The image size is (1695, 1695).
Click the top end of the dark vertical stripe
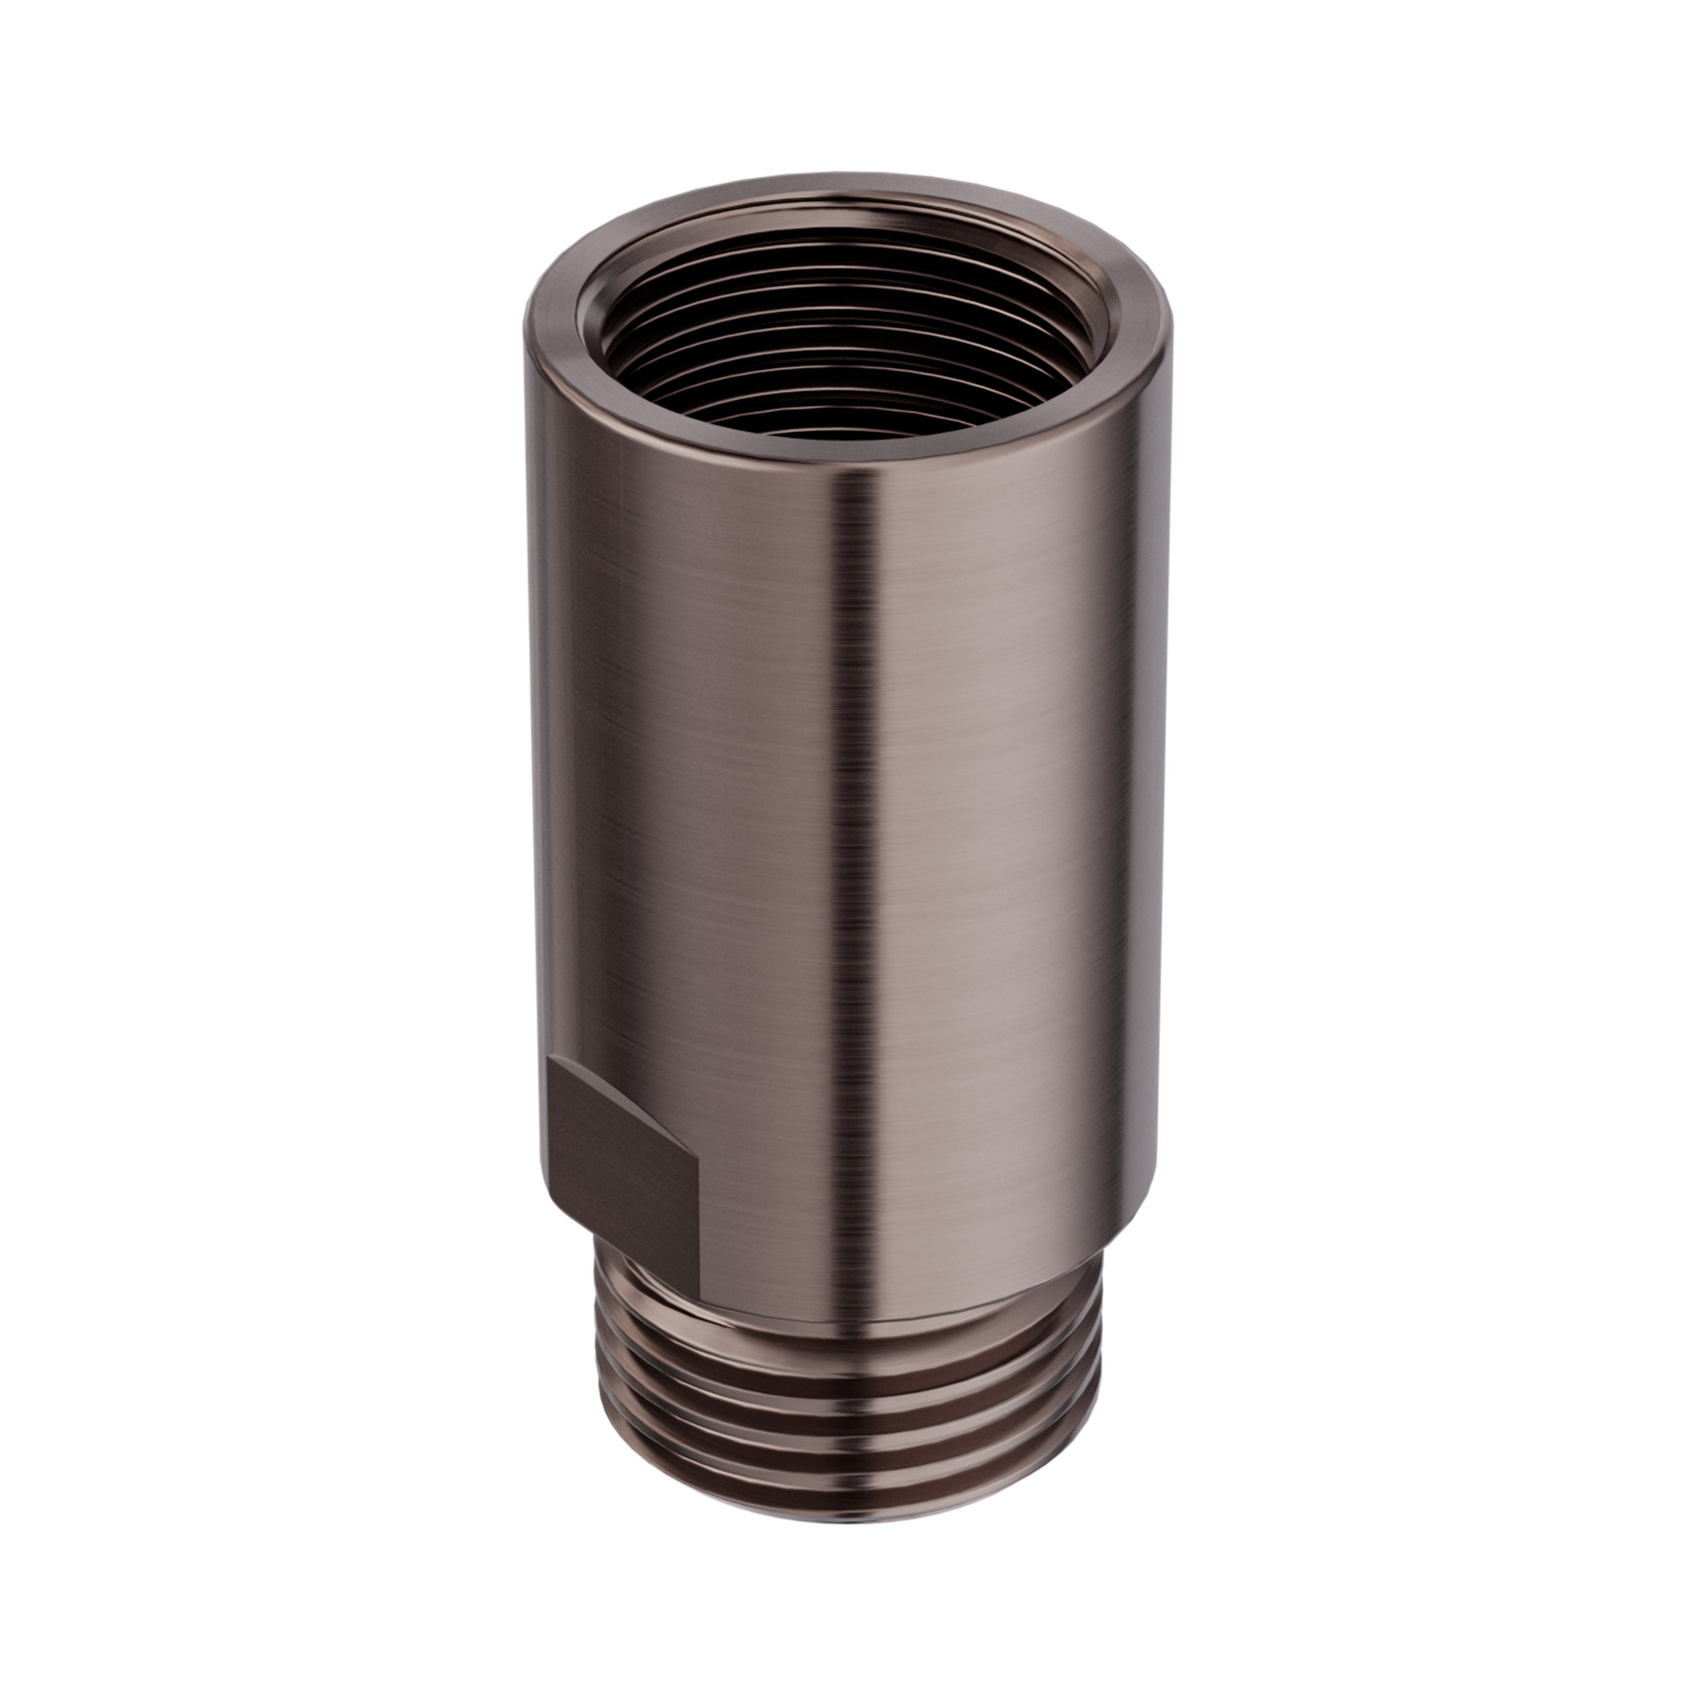click(x=855, y=478)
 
